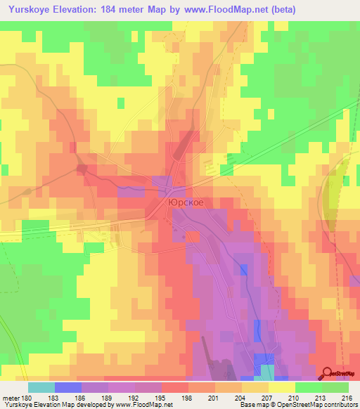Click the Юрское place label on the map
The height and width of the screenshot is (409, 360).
pos(186,201)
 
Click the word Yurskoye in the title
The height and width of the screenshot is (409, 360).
pos(29,10)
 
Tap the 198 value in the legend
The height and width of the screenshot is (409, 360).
pos(188,398)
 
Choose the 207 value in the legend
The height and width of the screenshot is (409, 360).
pos(266,398)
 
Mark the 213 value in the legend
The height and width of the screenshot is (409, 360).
pos(319,398)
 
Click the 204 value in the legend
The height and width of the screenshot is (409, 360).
pos(240,398)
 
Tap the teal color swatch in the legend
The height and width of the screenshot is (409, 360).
pos(41,387)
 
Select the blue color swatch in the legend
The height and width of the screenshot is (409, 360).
pos(67,387)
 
